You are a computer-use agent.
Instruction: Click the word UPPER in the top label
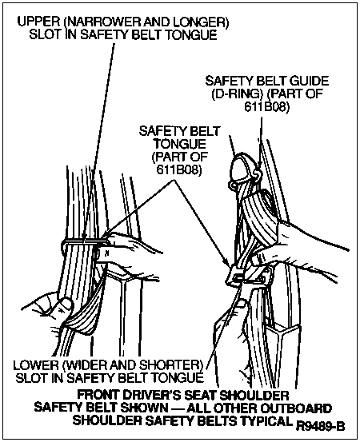point(39,22)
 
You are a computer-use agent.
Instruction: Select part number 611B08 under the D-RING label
point(266,107)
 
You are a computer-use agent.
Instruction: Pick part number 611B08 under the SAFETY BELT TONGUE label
point(179,169)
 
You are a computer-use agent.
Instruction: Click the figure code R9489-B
point(320,426)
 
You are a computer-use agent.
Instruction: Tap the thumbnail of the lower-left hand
point(66,305)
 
